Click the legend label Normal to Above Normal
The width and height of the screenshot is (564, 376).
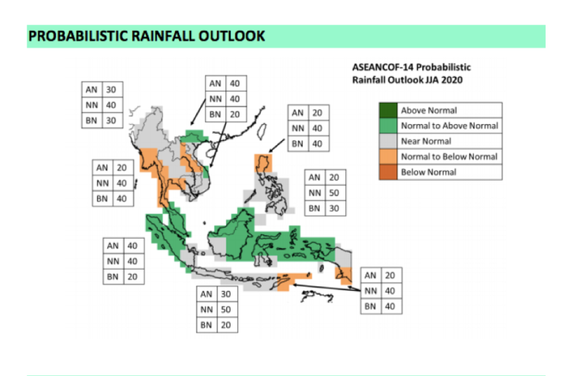pyautogui.click(x=449, y=126)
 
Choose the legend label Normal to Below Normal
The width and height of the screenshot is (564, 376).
pyautogui.click(x=449, y=156)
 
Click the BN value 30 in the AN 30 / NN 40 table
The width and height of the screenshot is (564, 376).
pyautogui.click(x=112, y=121)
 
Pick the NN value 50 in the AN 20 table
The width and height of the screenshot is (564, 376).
pyautogui.click(x=335, y=192)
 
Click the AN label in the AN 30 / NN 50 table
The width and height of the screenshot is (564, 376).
pyautogui.click(x=206, y=294)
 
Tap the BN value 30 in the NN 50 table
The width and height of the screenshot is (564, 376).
pyautogui.click(x=335, y=208)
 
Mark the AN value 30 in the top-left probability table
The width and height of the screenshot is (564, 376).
pyautogui.click(x=112, y=90)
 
